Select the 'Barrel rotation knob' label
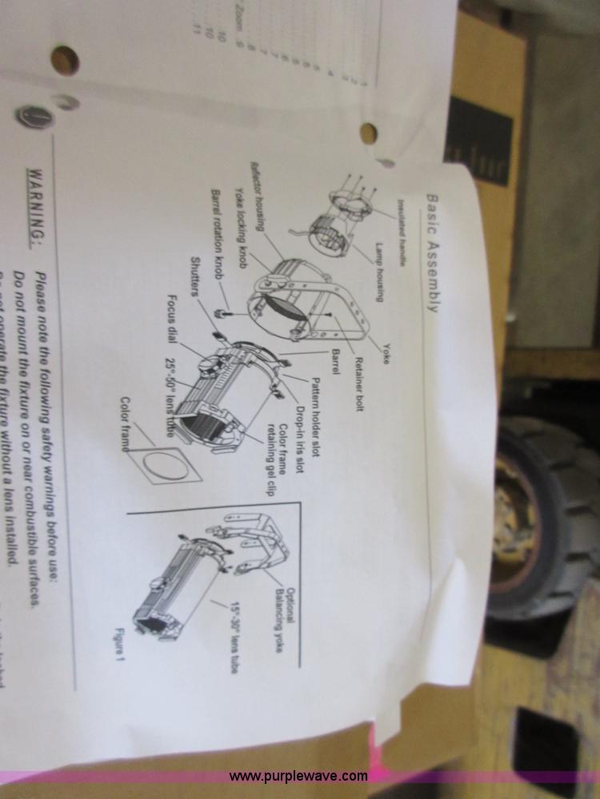click(x=216, y=235)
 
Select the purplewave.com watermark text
click(x=298, y=776)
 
